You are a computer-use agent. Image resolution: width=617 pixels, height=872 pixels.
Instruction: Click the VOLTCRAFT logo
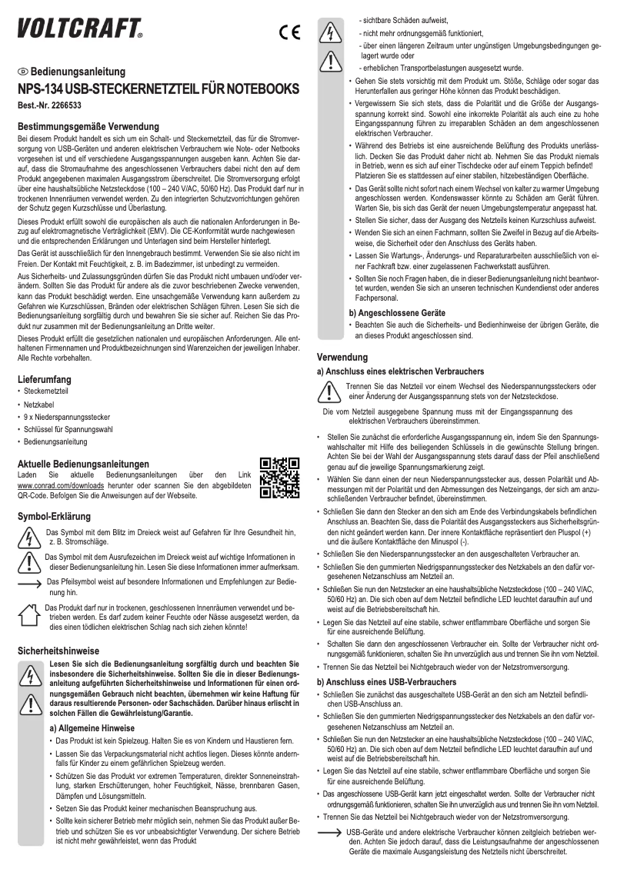pyautogui.click(x=80, y=29)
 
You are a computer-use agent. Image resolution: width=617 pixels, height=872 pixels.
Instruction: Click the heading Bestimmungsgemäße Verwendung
pyautogui.click(x=88, y=125)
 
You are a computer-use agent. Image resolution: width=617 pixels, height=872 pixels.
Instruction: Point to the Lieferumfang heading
pyautogui.click(x=45, y=379)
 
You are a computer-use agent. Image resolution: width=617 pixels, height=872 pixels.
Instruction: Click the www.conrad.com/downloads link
pyautogui.click(x=54, y=486)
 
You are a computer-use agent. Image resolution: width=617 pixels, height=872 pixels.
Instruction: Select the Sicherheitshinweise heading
pyautogui.click(x=59, y=651)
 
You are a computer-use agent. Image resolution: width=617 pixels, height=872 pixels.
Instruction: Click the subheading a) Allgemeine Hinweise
pyautogui.click(x=92, y=727)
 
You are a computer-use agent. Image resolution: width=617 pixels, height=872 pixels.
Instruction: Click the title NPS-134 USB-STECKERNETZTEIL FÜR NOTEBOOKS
pyautogui.click(x=158, y=88)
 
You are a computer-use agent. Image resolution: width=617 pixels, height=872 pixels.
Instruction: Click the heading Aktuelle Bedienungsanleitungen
pyautogui.click(x=83, y=464)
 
